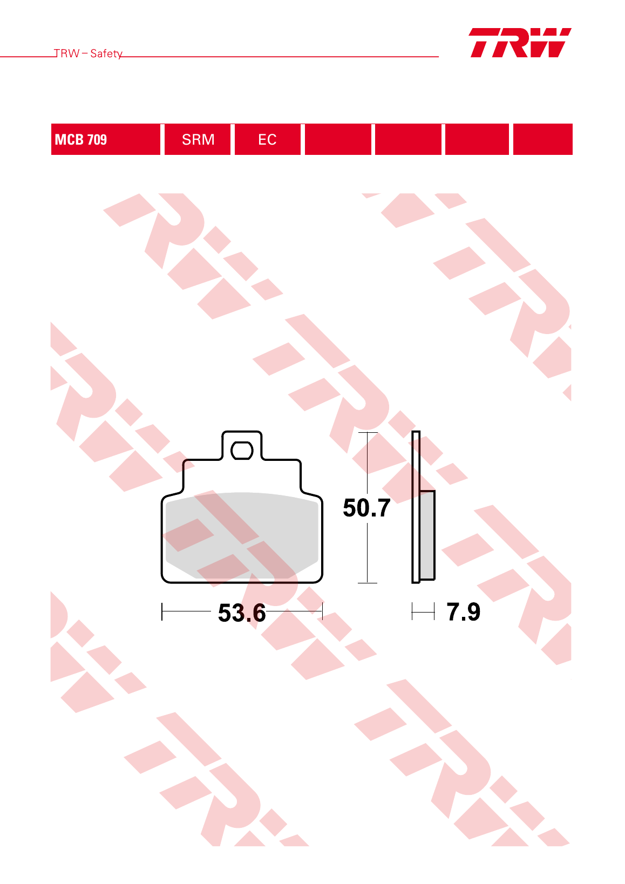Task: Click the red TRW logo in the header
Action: coord(520,43)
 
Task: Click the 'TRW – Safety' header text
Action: coord(88,53)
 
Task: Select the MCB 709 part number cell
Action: coord(106,139)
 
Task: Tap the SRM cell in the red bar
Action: coord(198,139)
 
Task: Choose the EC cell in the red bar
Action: coord(268,139)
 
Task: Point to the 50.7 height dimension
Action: coord(366,507)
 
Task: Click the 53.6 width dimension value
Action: coord(242,613)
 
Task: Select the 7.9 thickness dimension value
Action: coord(463,611)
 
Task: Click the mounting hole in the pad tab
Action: coord(242,451)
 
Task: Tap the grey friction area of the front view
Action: coord(242,535)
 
